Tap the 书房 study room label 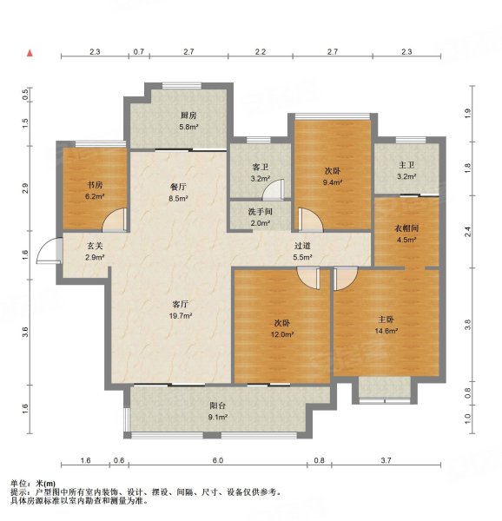tap(95, 184)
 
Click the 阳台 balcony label tap(217, 405)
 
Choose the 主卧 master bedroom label tap(386, 318)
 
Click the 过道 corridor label tap(301, 247)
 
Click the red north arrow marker tap(30, 54)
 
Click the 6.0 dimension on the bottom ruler tap(218, 459)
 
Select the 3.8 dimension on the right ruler tap(466, 325)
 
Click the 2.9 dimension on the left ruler tap(27, 188)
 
